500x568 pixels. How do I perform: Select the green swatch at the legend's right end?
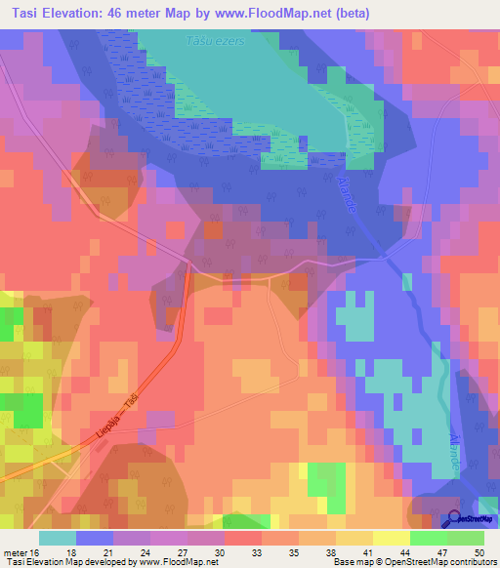click(465, 538)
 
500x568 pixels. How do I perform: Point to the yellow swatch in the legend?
click(391, 538)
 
